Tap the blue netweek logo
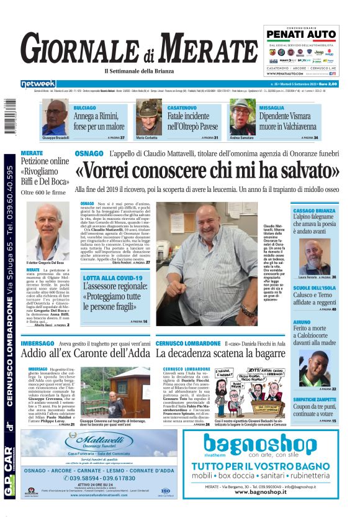click(38, 84)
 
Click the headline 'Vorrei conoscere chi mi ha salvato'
click(207, 170)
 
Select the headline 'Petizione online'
click(45, 161)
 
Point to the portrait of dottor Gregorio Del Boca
click(53, 232)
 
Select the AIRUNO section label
click(305, 322)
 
